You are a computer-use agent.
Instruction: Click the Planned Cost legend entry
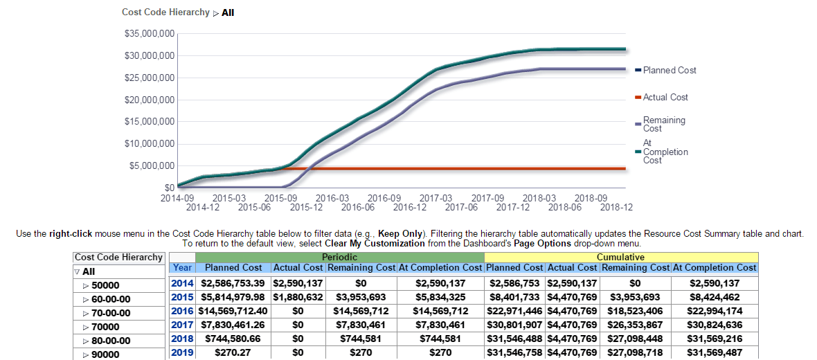pos(669,70)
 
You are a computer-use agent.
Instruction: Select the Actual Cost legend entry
pos(665,98)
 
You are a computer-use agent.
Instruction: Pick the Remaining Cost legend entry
pos(663,124)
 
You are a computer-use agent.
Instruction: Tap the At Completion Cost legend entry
pos(665,152)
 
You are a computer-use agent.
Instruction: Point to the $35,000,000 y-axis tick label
pos(149,33)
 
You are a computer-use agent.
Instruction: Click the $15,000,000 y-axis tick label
pos(149,122)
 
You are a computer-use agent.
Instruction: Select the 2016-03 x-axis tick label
pos(333,197)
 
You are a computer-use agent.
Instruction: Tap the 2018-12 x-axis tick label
pos(616,206)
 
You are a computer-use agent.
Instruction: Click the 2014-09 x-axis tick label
pos(178,197)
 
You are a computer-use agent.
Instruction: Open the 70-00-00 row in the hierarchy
pos(111,313)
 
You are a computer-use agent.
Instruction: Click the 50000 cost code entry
pos(105,285)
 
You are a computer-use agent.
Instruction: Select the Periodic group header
pos(339,257)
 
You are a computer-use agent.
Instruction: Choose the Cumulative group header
pos(621,257)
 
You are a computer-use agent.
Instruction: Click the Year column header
pos(183,267)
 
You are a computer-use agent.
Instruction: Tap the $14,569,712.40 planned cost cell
pos(234,311)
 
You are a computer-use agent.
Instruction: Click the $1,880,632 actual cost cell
pos(298,297)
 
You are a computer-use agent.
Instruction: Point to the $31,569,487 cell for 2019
pos(715,352)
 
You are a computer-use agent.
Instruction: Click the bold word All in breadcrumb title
pos(228,12)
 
